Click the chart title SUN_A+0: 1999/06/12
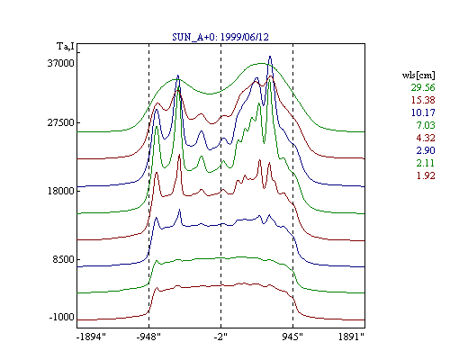pyautogui.click(x=220, y=37)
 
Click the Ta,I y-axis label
pyautogui.click(x=66, y=46)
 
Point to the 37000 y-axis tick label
pyautogui.click(x=61, y=63)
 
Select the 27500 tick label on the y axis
pyautogui.click(x=61, y=122)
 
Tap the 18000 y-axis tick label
pyautogui.click(x=61, y=191)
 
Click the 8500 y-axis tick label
pyautogui.click(x=63, y=259)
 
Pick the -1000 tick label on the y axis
pyautogui.click(x=62, y=317)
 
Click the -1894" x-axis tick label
pyautogui.click(x=91, y=337)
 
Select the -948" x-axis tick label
pyautogui.click(x=148, y=337)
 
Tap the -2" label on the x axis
pyautogui.click(x=220, y=337)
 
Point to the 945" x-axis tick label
pyautogui.click(x=292, y=337)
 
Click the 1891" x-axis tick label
pyautogui.click(x=351, y=337)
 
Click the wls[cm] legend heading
pyautogui.click(x=418, y=75)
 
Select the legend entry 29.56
pyautogui.click(x=423, y=87)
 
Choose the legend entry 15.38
pyautogui.click(x=423, y=100)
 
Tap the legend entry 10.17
pyautogui.click(x=423, y=112)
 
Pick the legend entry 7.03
pyautogui.click(x=426, y=125)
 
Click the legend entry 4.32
pyautogui.click(x=426, y=138)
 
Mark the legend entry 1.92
pyautogui.click(x=426, y=175)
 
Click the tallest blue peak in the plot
pyautogui.click(x=270, y=57)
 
